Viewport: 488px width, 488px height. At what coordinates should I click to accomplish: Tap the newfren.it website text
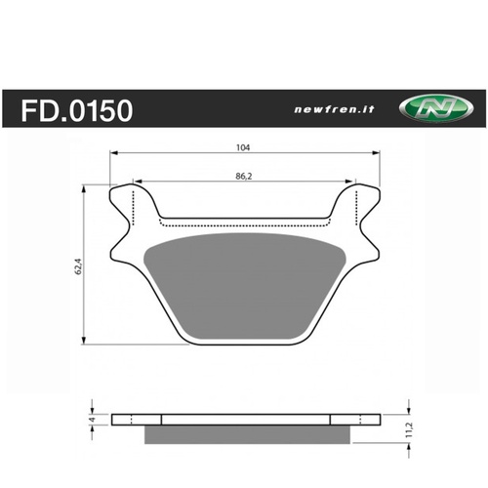328,110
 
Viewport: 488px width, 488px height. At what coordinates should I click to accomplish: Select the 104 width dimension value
243,147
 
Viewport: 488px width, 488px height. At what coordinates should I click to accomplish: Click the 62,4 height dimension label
79,264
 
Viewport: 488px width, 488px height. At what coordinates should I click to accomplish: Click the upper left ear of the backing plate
124,201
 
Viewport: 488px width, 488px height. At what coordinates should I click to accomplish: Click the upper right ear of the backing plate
365,201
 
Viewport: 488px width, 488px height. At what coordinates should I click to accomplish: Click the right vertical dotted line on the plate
358,200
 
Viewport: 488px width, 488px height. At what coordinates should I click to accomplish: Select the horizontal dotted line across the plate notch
244,219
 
